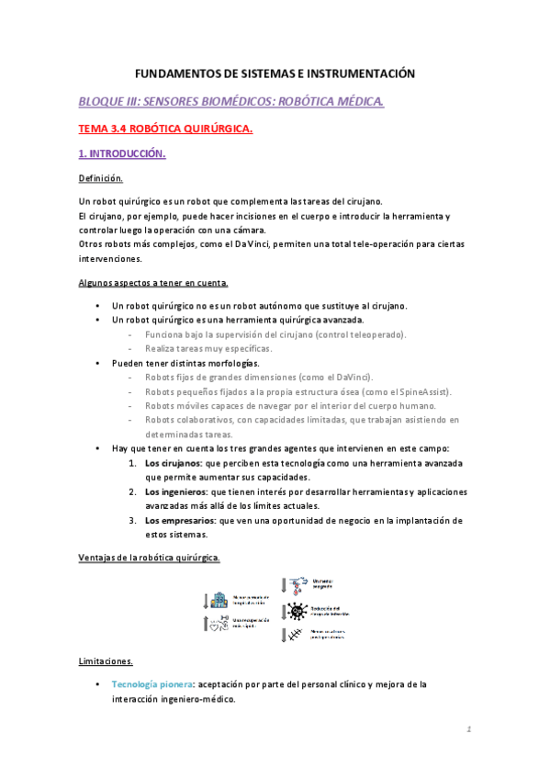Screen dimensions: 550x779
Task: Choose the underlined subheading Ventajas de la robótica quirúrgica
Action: tap(148, 558)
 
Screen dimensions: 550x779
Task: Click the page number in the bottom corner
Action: tap(467, 731)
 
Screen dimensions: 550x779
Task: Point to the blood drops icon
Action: tap(297, 584)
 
